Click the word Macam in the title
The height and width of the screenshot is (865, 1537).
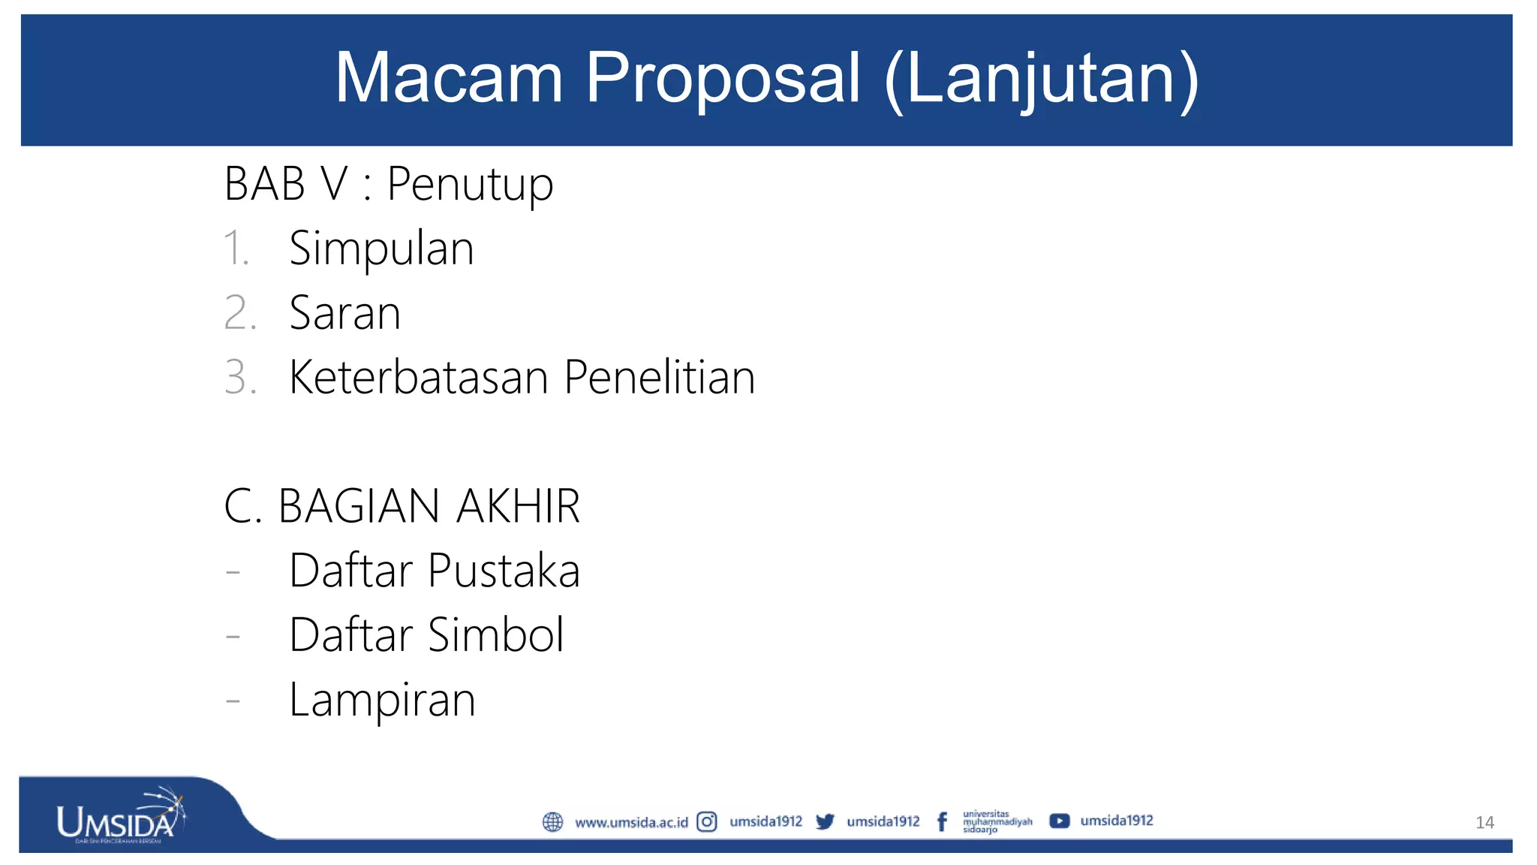tap(449, 78)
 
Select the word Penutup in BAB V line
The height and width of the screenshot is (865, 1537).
tap(470, 185)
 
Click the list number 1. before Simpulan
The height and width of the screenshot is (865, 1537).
tap(236, 249)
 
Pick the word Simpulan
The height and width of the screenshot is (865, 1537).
tap(381, 249)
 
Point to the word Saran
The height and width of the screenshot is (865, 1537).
tap(344, 313)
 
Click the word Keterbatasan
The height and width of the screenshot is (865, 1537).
tap(419, 377)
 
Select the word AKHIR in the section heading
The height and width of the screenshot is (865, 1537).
tap(518, 506)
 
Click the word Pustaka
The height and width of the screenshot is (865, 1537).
tap(504, 571)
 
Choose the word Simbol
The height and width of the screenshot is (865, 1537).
tap(495, 635)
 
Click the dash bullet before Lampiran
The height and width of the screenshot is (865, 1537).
tap(233, 701)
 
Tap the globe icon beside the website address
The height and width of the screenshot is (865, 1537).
tap(552, 822)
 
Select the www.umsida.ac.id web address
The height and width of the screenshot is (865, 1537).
tap(631, 823)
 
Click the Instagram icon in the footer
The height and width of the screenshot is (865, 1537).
tap(707, 822)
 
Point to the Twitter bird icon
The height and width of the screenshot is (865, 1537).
tap(825, 822)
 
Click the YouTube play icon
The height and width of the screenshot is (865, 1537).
tap(1059, 821)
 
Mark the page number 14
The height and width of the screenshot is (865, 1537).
tap(1484, 823)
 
